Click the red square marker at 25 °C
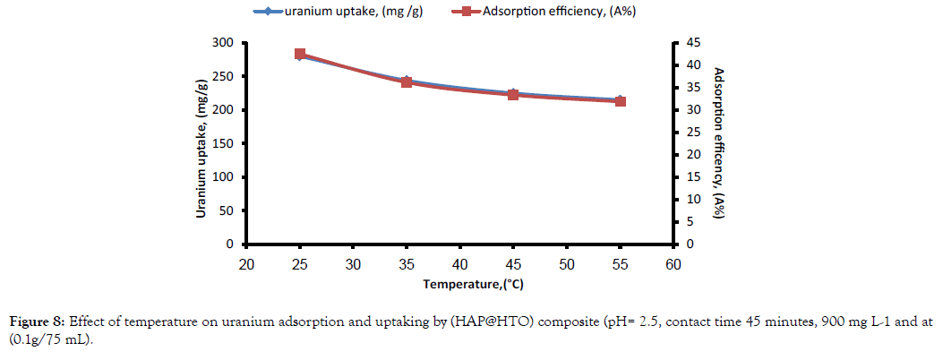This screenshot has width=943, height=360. pyautogui.click(x=300, y=55)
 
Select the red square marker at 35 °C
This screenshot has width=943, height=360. pyautogui.click(x=407, y=82)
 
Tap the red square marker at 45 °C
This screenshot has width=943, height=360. pyautogui.click(x=513, y=94)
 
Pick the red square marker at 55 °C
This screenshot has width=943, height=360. pyautogui.click(x=620, y=101)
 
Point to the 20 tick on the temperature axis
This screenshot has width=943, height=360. pyautogui.click(x=246, y=264)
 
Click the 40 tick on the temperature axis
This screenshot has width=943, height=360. pyautogui.click(x=459, y=264)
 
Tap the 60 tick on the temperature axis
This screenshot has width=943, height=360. pyautogui.click(x=673, y=264)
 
